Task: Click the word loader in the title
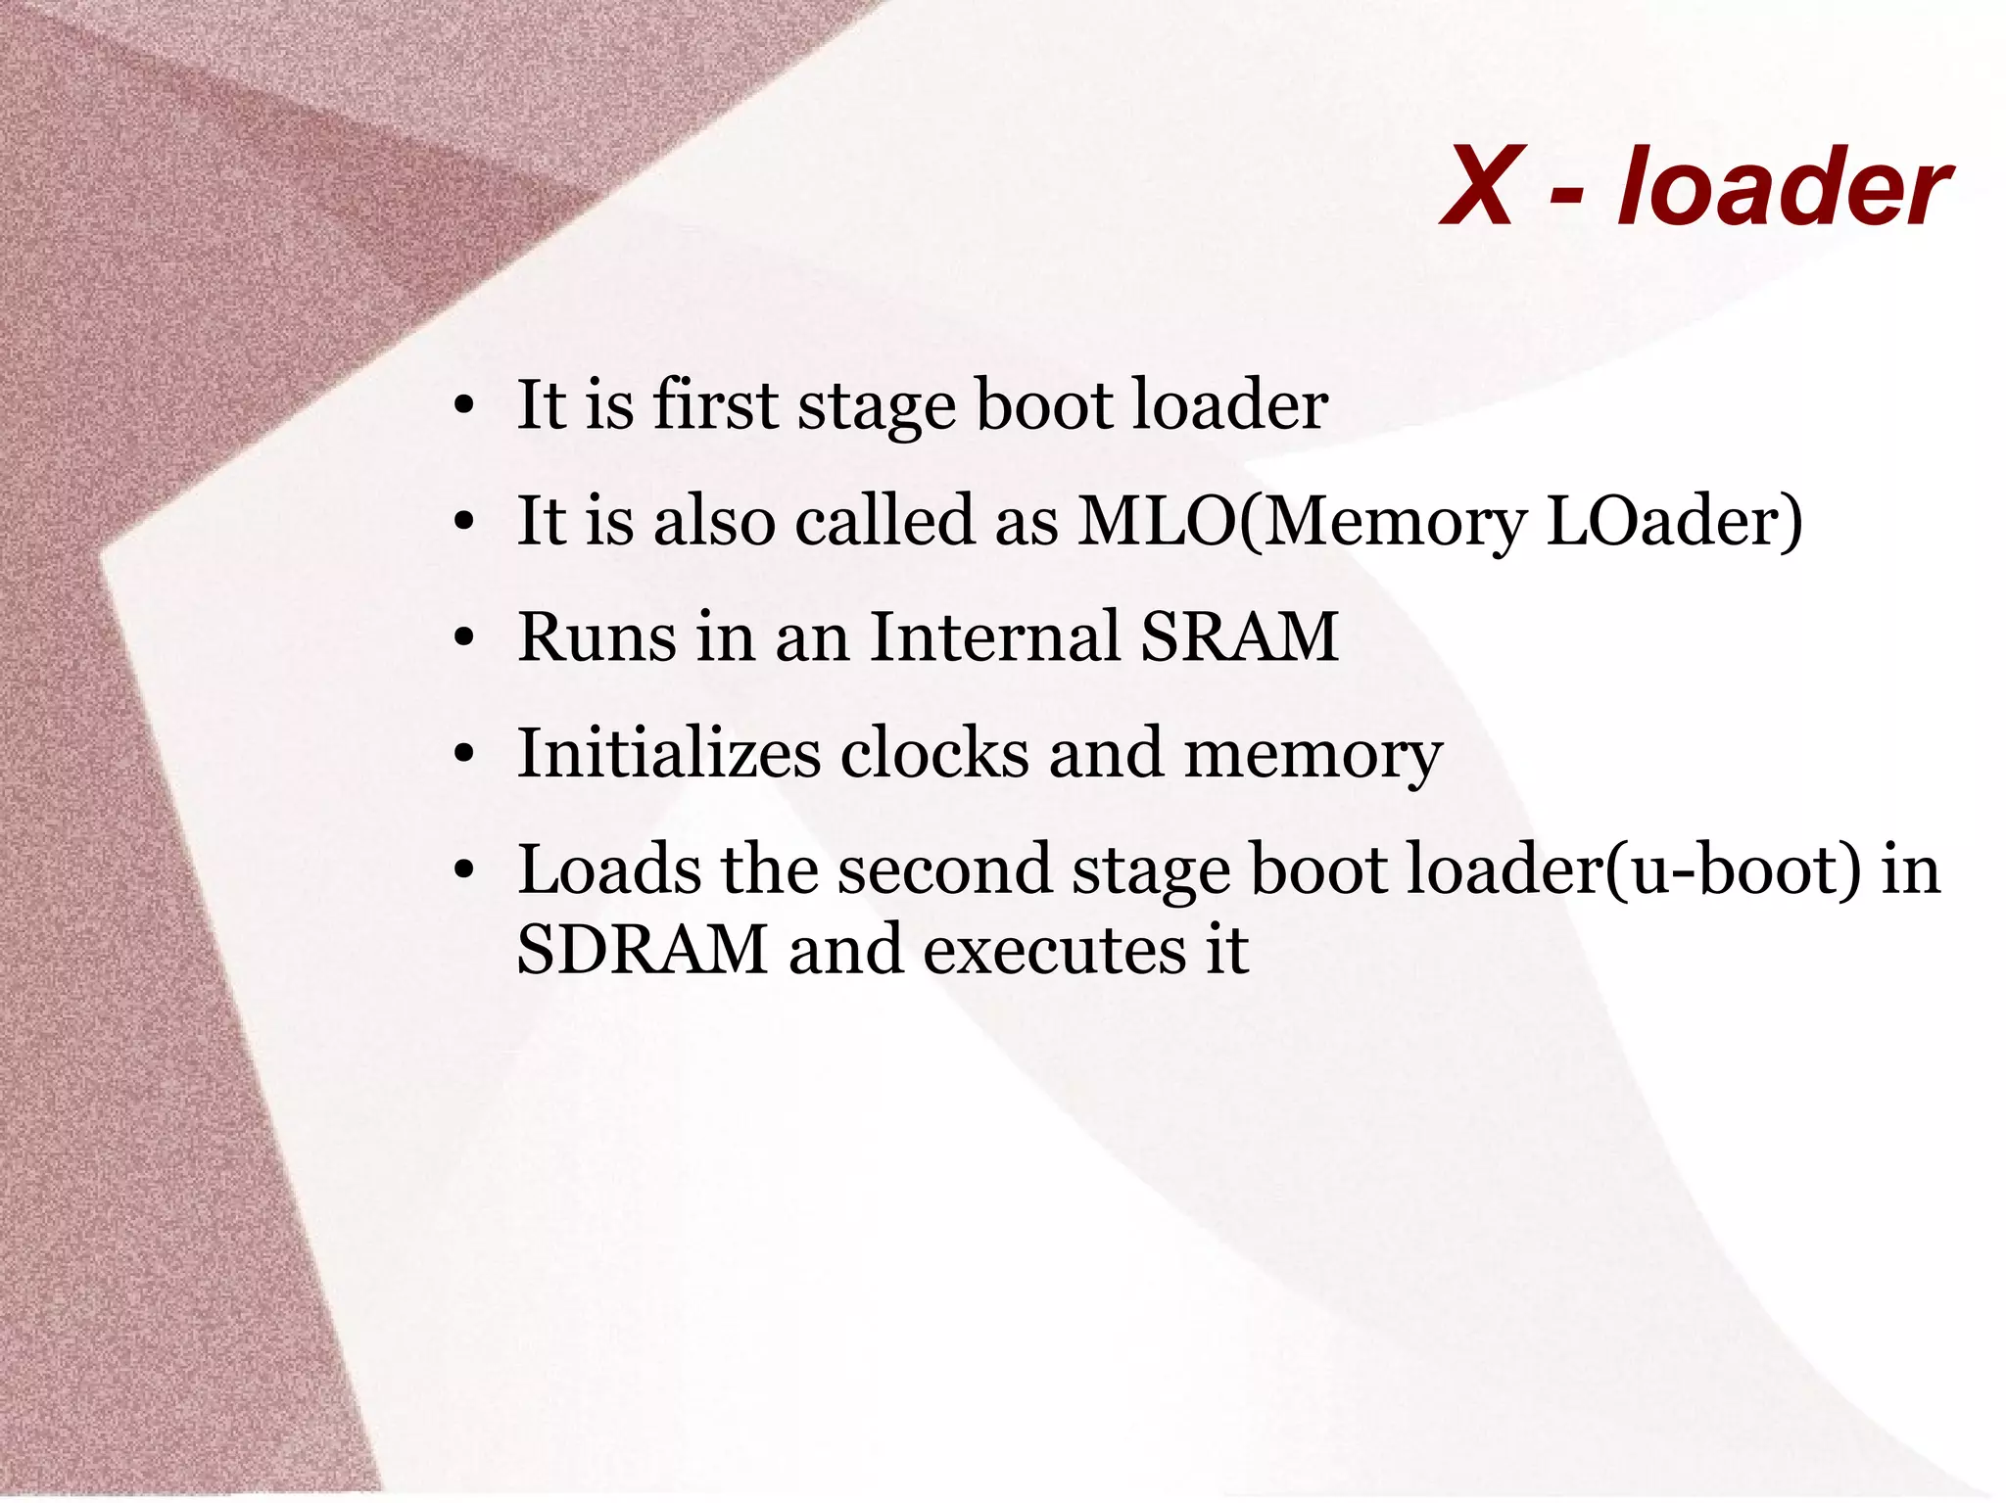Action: point(1784,186)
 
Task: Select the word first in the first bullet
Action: point(714,403)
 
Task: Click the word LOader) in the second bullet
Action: point(1673,520)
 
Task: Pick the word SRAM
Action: point(1239,636)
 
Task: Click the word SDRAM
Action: point(643,949)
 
